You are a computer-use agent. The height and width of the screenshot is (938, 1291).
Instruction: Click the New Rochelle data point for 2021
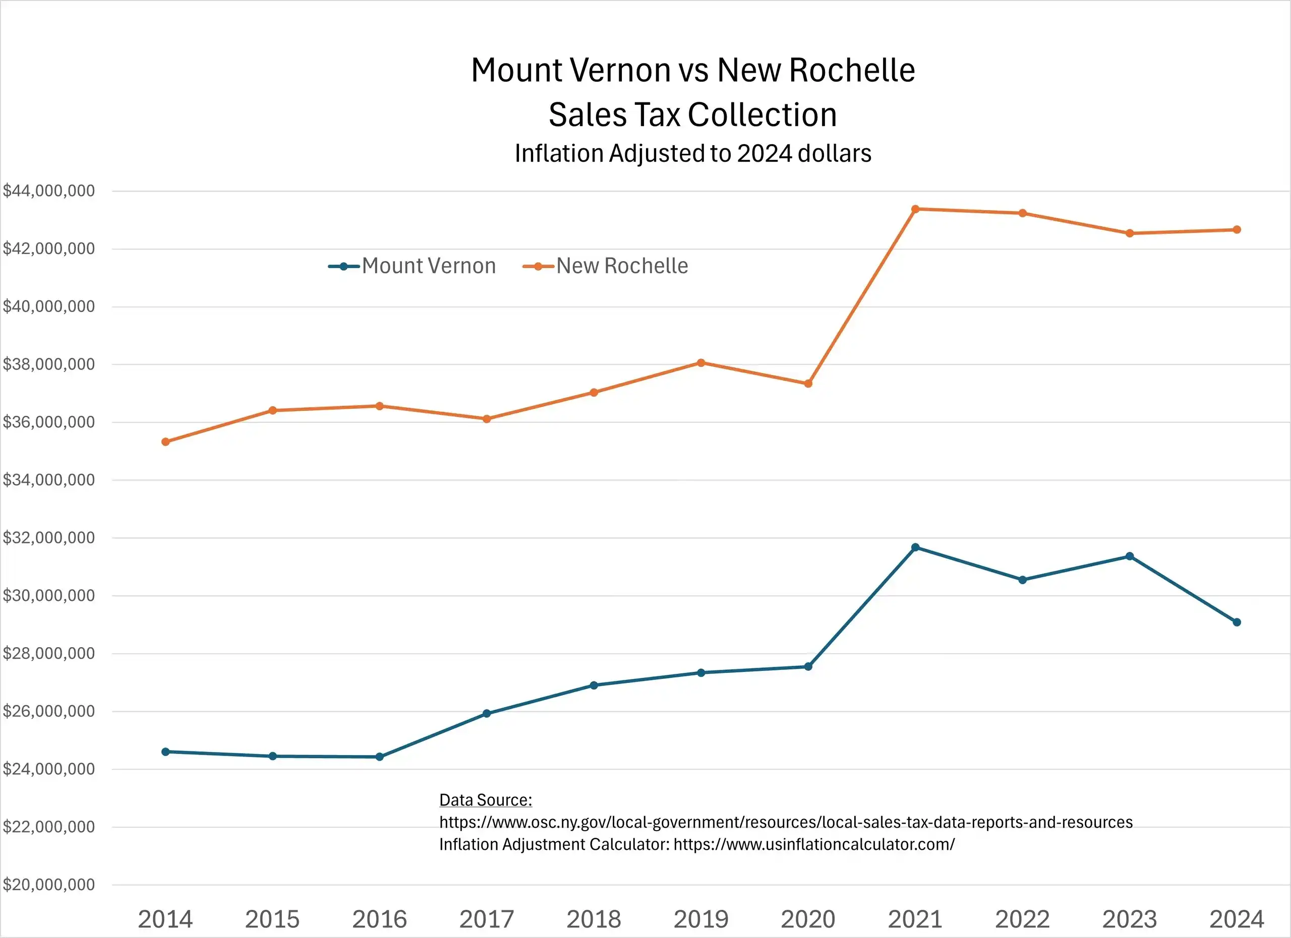[915, 209]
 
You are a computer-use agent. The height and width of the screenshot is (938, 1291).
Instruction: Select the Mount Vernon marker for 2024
[1237, 622]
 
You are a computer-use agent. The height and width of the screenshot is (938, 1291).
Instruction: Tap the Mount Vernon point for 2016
[380, 757]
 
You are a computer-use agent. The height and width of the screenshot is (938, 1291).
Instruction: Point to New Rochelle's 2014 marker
[165, 442]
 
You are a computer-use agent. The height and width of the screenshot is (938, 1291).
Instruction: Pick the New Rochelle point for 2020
[808, 384]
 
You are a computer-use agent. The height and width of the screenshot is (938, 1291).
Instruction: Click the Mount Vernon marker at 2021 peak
[915, 547]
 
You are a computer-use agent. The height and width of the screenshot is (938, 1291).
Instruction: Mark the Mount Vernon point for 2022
[1022, 580]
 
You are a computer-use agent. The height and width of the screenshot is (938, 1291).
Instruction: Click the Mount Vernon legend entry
[413, 266]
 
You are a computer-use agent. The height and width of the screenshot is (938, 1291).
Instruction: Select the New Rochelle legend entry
[606, 266]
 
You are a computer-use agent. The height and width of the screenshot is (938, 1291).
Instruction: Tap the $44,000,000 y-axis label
[49, 191]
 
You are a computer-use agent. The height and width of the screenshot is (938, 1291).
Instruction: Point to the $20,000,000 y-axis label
[49, 885]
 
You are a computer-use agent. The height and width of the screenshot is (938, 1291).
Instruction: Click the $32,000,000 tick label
[49, 537]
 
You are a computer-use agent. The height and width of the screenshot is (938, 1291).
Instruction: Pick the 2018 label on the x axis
[594, 919]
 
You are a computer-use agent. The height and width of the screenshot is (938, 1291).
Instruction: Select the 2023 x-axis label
[1129, 919]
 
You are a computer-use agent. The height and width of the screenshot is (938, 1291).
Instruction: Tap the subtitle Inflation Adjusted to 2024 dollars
[693, 154]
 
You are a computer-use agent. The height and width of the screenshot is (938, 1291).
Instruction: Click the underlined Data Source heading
[486, 800]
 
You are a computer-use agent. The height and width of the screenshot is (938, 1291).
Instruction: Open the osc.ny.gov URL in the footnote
[786, 822]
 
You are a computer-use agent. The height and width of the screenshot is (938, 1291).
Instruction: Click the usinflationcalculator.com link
[814, 844]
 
